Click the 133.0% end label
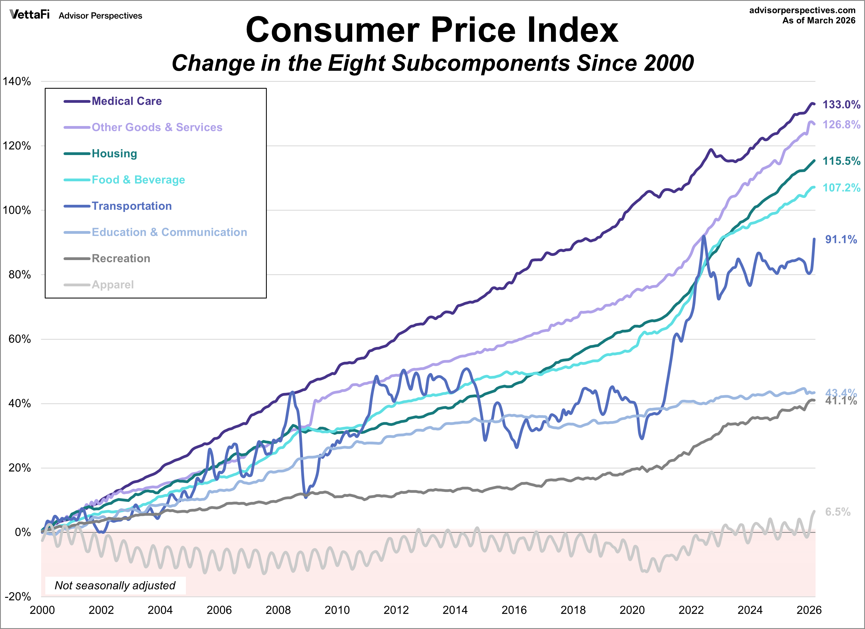tap(841, 104)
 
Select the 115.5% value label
tap(841, 161)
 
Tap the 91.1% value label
tap(841, 239)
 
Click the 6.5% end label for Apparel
tap(838, 512)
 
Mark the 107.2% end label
tap(841, 188)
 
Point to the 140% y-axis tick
tap(17, 81)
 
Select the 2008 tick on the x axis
tap(278, 610)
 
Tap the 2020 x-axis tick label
tap(632, 610)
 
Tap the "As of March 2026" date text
tap(819, 21)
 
